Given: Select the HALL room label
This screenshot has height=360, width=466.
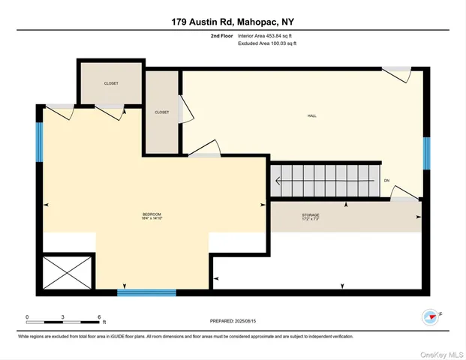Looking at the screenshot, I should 311,115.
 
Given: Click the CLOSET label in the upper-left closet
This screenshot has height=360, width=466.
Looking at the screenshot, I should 111,83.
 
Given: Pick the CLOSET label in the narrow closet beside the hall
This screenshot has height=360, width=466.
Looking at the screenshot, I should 161,112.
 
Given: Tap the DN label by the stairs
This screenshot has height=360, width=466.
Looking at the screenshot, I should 386,181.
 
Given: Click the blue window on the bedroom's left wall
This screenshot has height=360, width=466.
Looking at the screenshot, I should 40,142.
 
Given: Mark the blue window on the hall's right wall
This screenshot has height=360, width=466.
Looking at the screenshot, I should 425,153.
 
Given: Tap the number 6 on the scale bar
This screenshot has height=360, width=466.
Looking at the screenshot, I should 98,316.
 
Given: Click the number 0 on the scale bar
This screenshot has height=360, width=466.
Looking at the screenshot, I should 27,316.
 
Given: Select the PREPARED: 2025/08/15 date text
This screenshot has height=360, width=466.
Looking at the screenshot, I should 233,322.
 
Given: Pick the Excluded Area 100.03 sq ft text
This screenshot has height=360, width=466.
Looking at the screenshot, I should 267,44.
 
